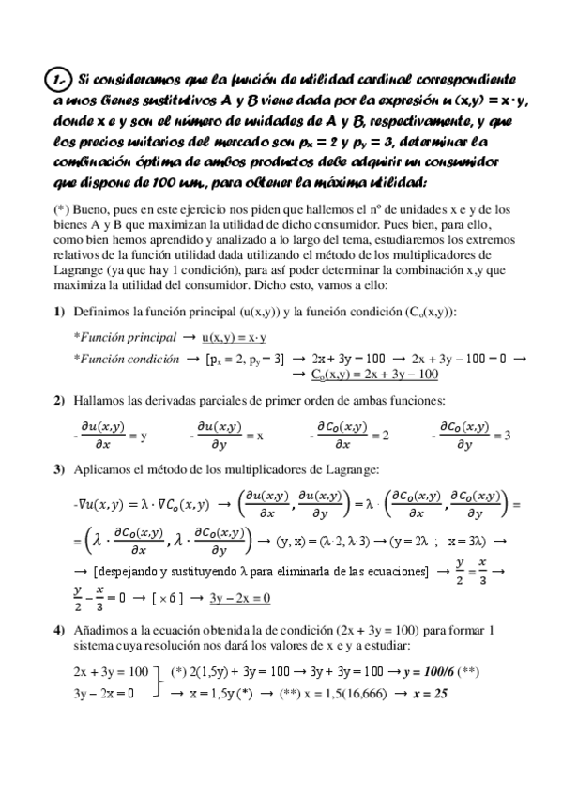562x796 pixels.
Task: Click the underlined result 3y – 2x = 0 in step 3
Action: coord(239,597)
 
